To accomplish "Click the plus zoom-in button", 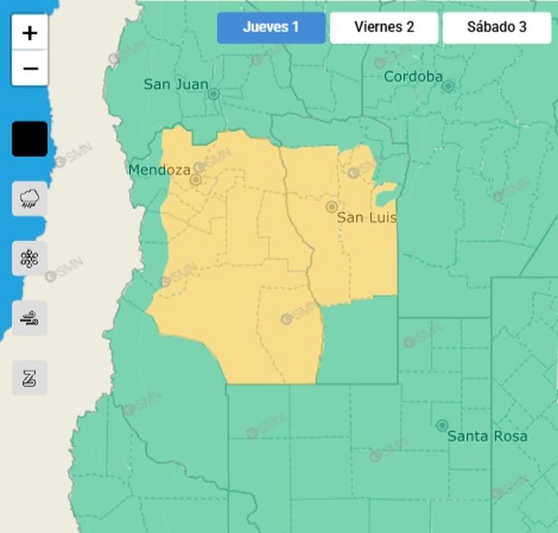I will point(30,33).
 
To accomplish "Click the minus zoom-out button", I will point(30,69).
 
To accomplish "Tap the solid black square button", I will point(30,139).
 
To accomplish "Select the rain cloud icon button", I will point(30,198).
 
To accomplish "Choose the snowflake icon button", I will point(30,258).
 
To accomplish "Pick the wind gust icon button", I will point(30,319).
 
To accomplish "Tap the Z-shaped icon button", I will point(30,378).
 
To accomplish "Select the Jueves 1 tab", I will point(271,28).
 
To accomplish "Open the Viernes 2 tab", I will point(384,28).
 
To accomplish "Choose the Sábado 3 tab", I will point(496,28).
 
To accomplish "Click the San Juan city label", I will point(175,84).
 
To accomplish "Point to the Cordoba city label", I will point(413,76).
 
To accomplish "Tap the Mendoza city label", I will point(159,170).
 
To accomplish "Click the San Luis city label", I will point(366,218).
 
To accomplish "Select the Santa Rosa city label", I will point(487,436).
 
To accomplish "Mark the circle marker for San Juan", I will point(214,94).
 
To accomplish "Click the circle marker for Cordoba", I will point(448,86).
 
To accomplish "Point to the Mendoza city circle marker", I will point(196,179).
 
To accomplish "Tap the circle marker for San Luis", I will point(332,207).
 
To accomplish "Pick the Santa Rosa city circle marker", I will point(442,425).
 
